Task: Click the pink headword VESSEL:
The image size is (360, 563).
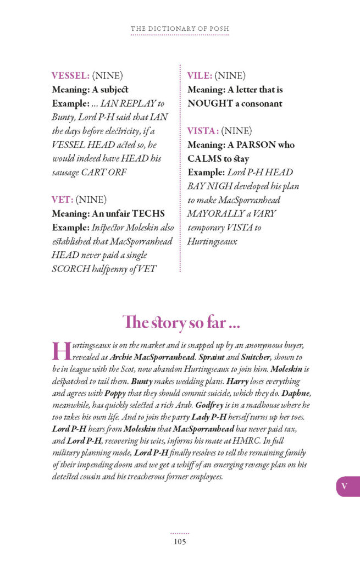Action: point(70,75)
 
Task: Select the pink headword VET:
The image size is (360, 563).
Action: point(62,199)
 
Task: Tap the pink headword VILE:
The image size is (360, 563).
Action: point(200,75)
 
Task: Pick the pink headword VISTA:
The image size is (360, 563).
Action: point(203,131)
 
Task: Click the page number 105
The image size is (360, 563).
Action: point(179,542)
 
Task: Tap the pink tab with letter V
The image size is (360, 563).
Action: point(345,486)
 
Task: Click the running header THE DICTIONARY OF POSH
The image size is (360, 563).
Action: point(180,29)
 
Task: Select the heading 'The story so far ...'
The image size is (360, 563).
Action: point(181,322)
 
